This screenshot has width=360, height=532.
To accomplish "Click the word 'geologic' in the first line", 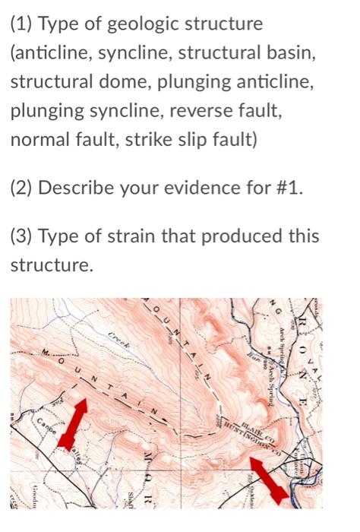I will pyautogui.click(x=124, y=24).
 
